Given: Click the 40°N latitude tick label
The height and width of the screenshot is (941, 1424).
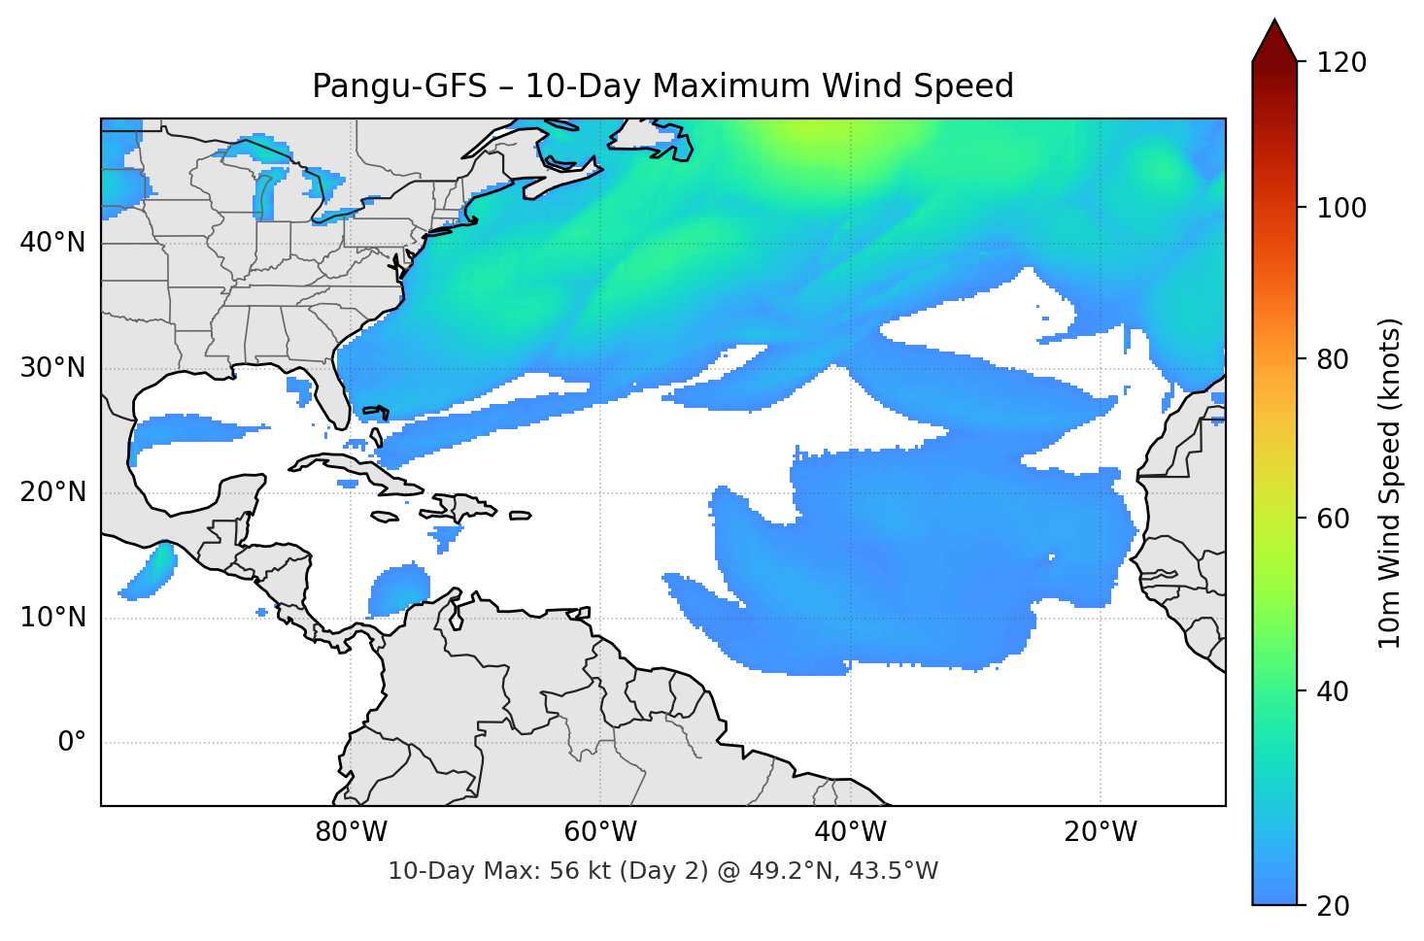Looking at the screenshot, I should [52, 243].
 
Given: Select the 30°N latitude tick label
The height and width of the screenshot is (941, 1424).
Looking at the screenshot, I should [52, 368].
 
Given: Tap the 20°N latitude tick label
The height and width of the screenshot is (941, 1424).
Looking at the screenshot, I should [52, 492].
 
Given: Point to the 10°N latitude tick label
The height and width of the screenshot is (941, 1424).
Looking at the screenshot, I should [52, 618].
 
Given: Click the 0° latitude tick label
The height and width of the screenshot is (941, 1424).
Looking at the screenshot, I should [72, 743].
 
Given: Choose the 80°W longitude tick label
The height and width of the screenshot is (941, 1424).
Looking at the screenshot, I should [351, 832].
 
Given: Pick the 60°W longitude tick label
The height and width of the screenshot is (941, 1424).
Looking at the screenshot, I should [600, 832].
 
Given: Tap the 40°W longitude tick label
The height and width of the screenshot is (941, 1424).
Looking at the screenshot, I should [851, 832].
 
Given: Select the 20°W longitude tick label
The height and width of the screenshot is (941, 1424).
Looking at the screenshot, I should [1101, 832].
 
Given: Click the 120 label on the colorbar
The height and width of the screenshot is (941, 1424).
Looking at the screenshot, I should [1341, 63].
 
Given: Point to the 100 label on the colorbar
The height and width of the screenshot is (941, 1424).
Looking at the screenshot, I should [1341, 208].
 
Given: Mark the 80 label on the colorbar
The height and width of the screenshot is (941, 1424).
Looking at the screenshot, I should [1333, 359].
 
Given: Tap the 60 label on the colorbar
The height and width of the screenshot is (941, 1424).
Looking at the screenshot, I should [1333, 519].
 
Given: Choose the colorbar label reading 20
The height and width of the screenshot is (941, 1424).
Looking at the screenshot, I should [1333, 906].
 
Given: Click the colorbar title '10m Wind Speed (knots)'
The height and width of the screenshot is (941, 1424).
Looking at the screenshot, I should [1390, 483].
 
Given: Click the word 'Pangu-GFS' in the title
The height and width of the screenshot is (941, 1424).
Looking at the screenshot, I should [399, 86].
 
